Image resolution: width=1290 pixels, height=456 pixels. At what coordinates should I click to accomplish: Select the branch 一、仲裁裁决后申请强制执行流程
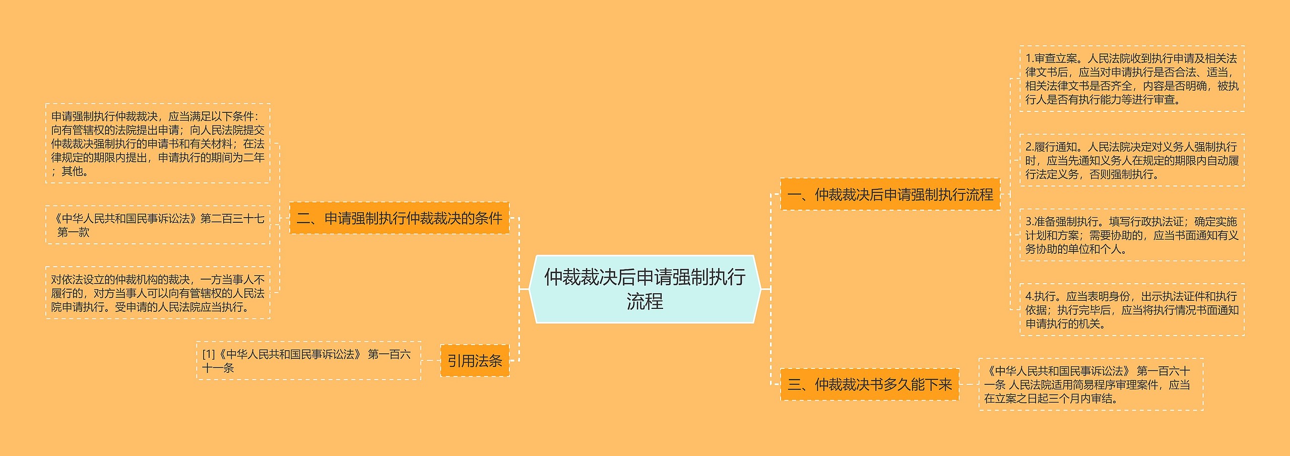[x=890, y=194]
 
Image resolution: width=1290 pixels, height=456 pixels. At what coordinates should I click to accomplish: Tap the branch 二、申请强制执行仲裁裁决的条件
[x=399, y=218]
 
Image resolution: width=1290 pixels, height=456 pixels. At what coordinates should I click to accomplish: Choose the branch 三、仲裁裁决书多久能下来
[x=869, y=385]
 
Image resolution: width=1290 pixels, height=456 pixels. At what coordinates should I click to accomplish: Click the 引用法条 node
[x=475, y=361]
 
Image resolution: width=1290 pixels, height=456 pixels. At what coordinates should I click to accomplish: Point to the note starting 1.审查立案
[x=1131, y=79]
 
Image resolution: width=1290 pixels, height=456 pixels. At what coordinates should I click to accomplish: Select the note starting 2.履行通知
[x=1131, y=161]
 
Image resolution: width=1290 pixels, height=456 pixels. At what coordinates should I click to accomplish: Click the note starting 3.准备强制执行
[x=1131, y=235]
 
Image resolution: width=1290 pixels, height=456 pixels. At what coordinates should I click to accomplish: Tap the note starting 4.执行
[x=1131, y=310]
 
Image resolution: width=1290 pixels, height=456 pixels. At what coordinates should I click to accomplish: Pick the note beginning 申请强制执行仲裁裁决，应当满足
[x=158, y=144]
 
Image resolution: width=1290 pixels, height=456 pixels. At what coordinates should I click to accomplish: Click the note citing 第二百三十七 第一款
[x=158, y=225]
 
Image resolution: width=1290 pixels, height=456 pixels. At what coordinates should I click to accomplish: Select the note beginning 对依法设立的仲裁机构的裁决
[x=158, y=293]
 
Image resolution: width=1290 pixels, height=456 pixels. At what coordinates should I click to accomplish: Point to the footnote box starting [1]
[x=308, y=361]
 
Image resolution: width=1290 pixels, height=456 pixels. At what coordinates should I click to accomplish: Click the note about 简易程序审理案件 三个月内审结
[x=1090, y=385]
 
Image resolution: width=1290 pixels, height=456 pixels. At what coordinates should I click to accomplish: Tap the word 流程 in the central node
[x=644, y=302]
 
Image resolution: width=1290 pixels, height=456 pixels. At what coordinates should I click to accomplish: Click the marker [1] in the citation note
[x=209, y=355]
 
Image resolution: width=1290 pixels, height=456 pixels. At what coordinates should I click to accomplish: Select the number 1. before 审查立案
[x=1029, y=59]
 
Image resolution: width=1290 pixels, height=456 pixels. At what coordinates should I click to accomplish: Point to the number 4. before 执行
[x=1029, y=297]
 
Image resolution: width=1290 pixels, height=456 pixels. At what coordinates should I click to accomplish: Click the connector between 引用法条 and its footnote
[x=430, y=361]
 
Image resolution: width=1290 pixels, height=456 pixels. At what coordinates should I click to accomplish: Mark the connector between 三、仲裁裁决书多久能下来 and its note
[x=969, y=385]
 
